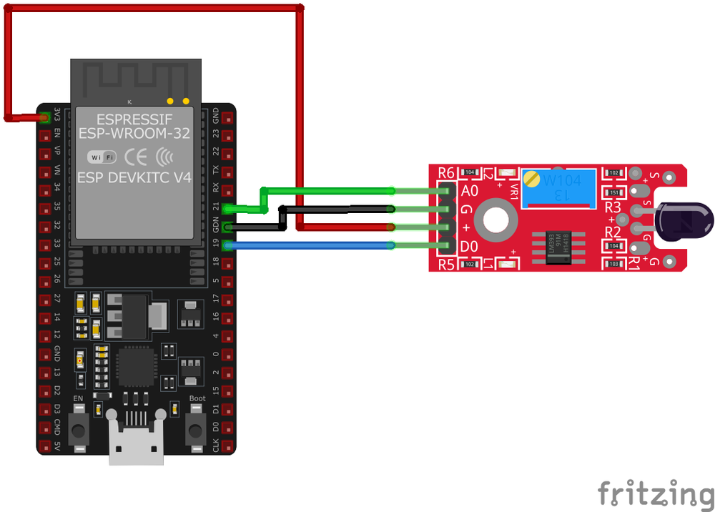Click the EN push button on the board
pos(78,430)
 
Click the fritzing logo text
pos(656,493)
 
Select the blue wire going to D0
pos(307,246)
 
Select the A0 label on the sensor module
pos(470,191)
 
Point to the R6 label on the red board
pos(446,172)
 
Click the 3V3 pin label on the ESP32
pos(57,116)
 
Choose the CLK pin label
pos(216,447)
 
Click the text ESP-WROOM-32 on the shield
pos(134,134)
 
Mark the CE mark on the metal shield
pos(137,157)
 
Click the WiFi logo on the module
pos(102,157)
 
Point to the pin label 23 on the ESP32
pos(216,134)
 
